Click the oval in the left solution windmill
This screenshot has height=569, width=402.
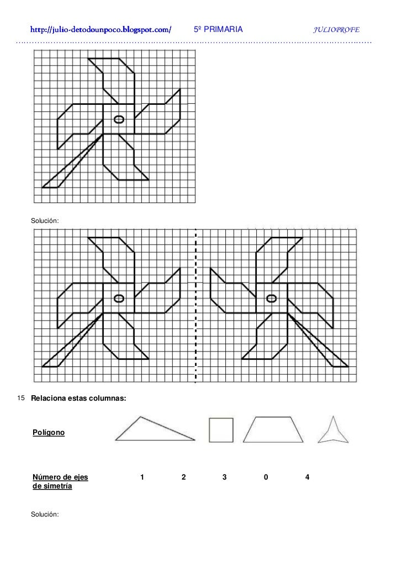118,299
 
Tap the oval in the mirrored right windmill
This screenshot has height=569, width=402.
271,299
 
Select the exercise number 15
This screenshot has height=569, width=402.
22,398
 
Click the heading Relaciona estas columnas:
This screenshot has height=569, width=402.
79,398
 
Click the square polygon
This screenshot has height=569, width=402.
221,430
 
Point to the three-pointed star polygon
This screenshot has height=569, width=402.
333,432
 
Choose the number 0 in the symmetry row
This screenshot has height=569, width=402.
266,477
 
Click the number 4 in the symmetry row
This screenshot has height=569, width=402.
306,477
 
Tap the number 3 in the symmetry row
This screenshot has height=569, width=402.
224,477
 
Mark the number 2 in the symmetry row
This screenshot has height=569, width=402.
183,477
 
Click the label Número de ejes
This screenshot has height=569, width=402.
61,477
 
